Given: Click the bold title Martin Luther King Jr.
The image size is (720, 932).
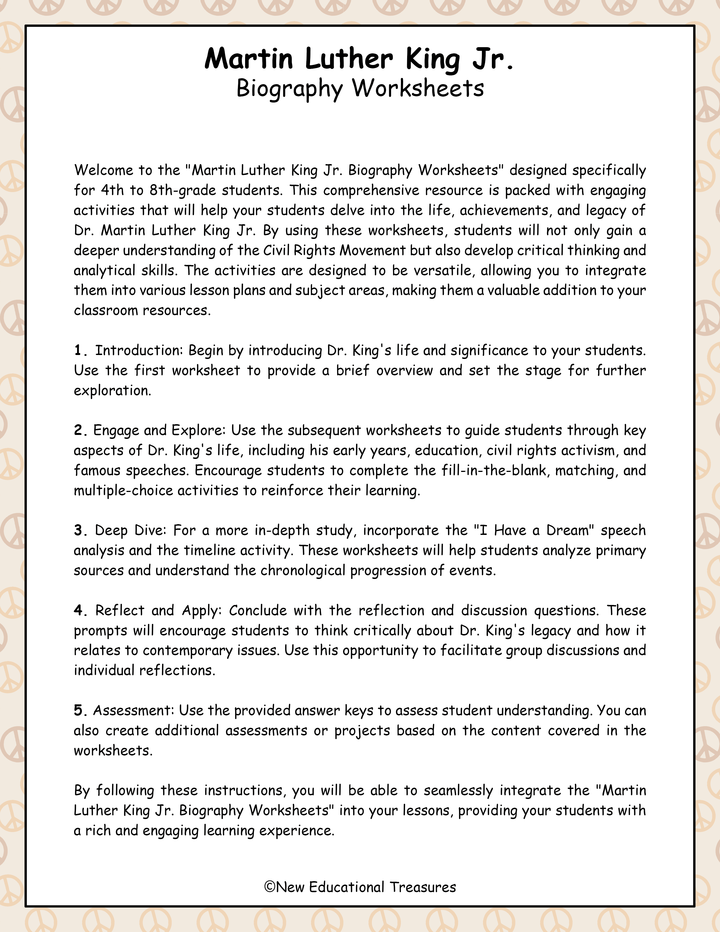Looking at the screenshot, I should click(x=359, y=59).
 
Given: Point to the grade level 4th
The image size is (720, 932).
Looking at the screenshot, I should click(x=112, y=190).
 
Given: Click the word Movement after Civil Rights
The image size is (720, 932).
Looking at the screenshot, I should click(x=372, y=251).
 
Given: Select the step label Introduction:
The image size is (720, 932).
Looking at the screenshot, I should click(x=139, y=351).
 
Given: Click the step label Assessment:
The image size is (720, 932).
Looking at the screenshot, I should click(x=134, y=711).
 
